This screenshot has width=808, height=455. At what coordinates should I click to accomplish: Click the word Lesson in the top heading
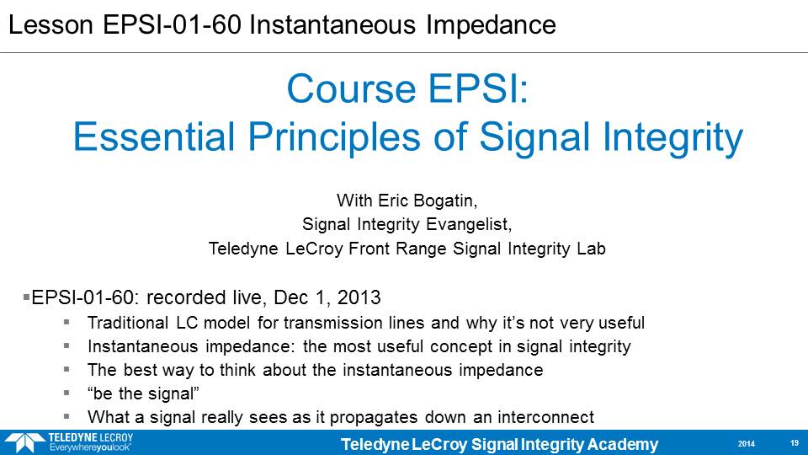pyautogui.click(x=50, y=24)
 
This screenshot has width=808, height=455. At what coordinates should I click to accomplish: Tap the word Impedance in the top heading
pyautogui.click(x=491, y=25)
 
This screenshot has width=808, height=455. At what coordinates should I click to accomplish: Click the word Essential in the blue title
pyautogui.click(x=154, y=136)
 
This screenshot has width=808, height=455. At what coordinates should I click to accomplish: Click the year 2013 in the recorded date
pyautogui.click(x=359, y=297)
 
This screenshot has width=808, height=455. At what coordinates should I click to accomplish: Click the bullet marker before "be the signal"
pyautogui.click(x=66, y=393)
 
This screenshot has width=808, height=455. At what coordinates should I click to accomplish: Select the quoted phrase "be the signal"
pyautogui.click(x=143, y=393)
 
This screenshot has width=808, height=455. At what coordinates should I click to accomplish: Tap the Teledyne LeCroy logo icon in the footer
pyautogui.click(x=24, y=443)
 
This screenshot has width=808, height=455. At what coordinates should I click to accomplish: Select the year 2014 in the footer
pyautogui.click(x=747, y=444)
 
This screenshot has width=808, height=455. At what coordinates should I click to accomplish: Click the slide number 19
pyautogui.click(x=794, y=443)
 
